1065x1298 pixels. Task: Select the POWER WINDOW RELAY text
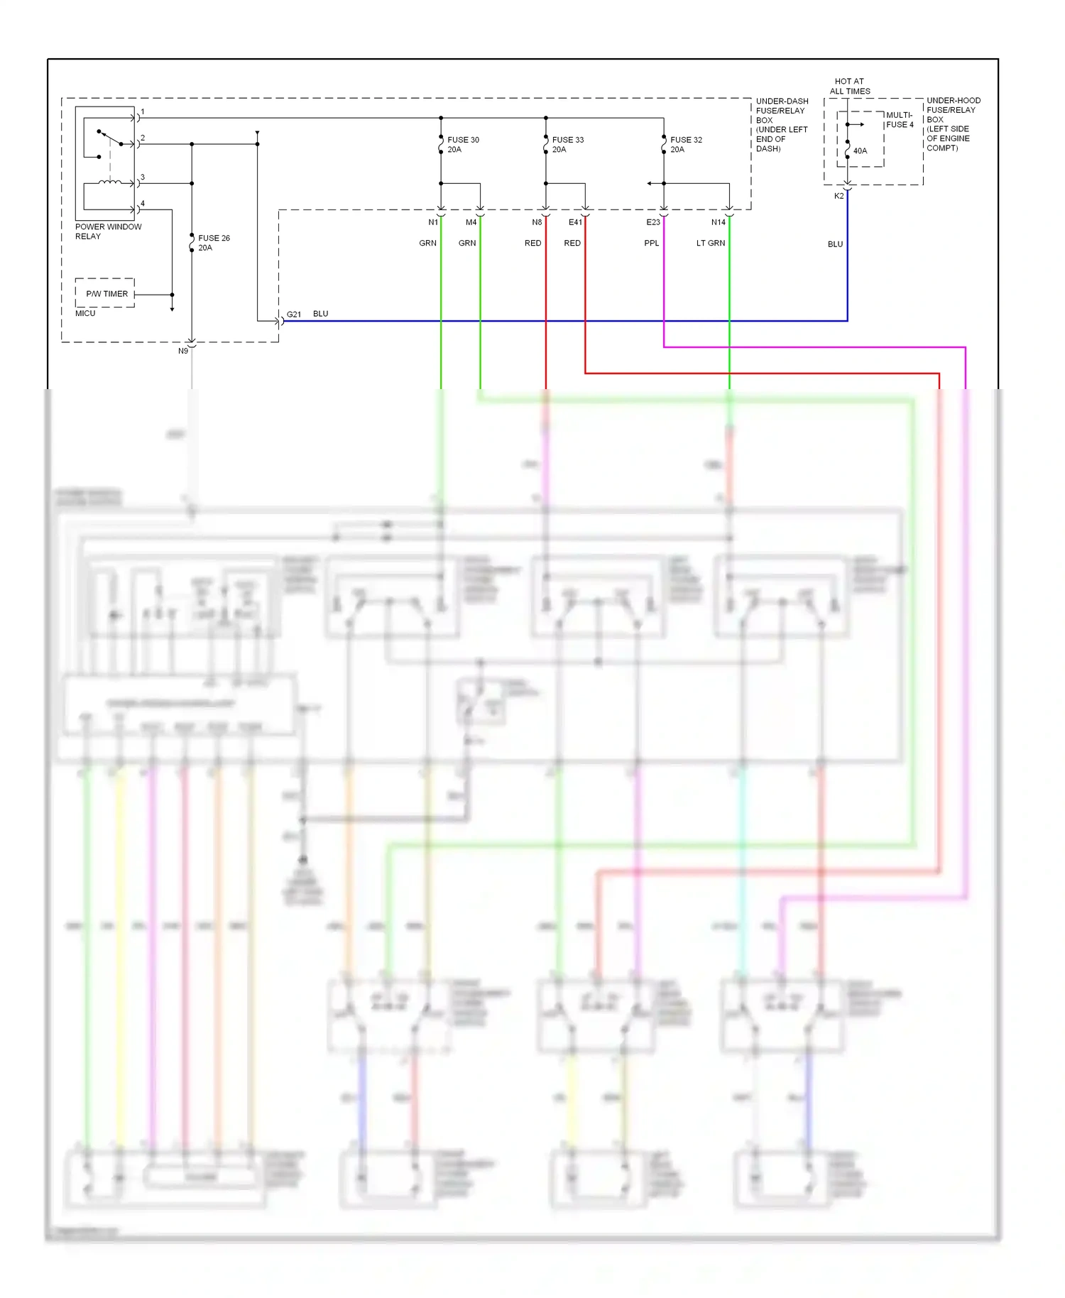[108, 231]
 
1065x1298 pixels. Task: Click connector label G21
[294, 314]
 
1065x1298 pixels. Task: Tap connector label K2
[839, 196]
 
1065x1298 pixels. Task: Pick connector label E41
[575, 222]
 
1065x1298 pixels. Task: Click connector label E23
[653, 222]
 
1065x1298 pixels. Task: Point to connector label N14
[719, 222]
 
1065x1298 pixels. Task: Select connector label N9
[183, 351]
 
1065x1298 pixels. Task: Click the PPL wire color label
[651, 243]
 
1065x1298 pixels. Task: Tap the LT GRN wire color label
[710, 243]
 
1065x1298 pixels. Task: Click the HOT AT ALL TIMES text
[849, 86]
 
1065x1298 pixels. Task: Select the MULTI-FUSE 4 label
[900, 119]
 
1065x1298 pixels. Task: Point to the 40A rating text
[860, 151]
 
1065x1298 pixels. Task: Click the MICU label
[85, 313]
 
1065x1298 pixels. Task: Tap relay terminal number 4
[143, 204]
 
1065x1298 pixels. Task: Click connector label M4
[471, 222]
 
